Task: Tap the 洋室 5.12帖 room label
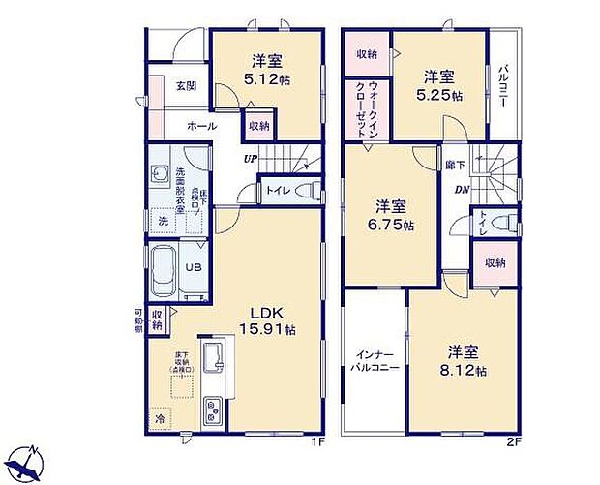point(263,71)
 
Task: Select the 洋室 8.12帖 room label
point(466,361)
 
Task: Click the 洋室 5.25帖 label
point(439,85)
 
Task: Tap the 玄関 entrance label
point(186,85)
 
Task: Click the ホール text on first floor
point(201,126)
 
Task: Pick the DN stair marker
point(463,190)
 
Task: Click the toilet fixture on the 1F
point(308,191)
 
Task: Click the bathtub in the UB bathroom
point(165,267)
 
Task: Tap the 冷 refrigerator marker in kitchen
point(159,420)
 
